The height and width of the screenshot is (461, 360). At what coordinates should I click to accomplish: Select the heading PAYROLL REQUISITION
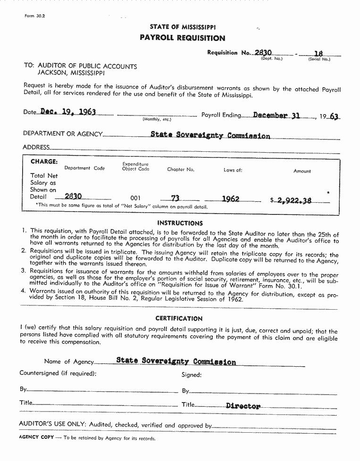click(x=182, y=38)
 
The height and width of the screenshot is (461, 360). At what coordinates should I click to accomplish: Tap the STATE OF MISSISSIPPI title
click(x=183, y=27)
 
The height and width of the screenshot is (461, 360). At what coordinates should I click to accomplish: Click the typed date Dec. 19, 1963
click(x=68, y=112)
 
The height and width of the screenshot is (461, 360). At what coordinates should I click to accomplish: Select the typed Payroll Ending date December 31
click(x=276, y=115)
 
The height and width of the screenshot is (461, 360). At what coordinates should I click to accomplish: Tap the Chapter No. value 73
click(x=176, y=199)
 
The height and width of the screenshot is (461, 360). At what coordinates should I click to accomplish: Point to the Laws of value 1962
click(x=230, y=199)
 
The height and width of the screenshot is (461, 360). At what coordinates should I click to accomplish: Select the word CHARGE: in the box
click(x=44, y=161)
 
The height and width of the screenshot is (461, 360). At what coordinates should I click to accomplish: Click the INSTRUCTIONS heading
click(x=180, y=223)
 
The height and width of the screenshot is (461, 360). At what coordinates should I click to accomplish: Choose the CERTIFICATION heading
click(x=179, y=319)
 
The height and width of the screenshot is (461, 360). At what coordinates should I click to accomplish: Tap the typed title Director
click(x=243, y=406)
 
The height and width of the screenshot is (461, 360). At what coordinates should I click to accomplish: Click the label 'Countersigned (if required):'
click(x=58, y=373)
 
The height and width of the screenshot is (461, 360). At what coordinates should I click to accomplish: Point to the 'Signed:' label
click(x=192, y=375)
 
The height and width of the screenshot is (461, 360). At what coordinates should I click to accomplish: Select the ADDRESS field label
click(x=35, y=147)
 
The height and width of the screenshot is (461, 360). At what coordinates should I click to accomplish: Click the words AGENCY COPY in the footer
click(x=36, y=437)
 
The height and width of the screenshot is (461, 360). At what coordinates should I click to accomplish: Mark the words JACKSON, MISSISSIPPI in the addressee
click(x=71, y=74)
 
